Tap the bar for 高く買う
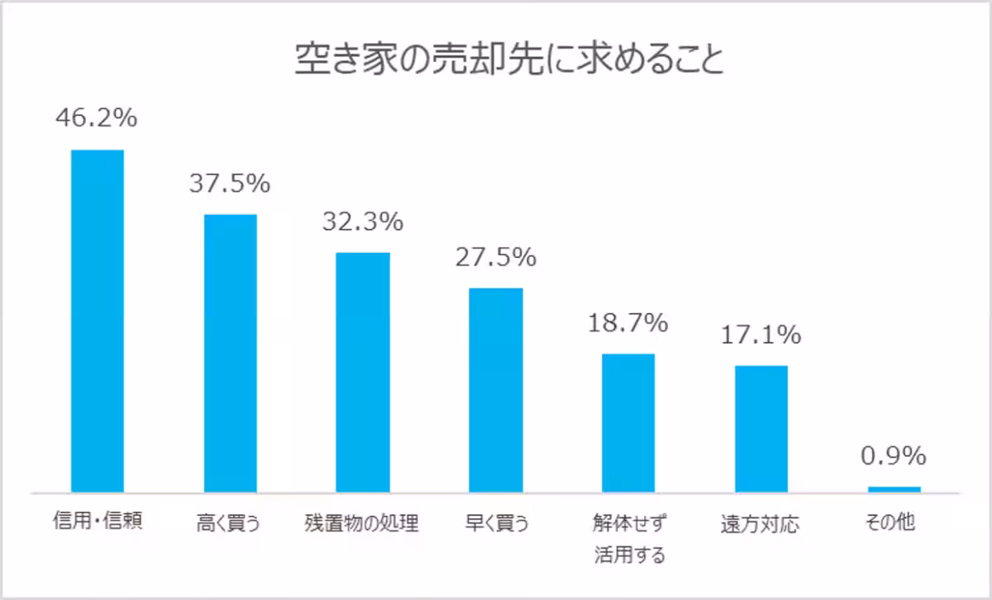(231, 353)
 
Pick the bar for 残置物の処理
(362, 372)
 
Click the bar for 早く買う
(496, 390)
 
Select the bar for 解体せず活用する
(628, 422)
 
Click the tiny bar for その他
(894, 488)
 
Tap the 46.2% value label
(96, 118)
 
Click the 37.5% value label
(229, 183)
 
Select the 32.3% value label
(362, 221)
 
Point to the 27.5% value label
(495, 257)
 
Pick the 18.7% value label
(627, 323)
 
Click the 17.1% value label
(761, 335)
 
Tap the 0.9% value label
(893, 456)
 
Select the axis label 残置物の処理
(362, 523)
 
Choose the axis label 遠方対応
(761, 524)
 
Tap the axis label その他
(893, 522)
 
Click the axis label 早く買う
(495, 523)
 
